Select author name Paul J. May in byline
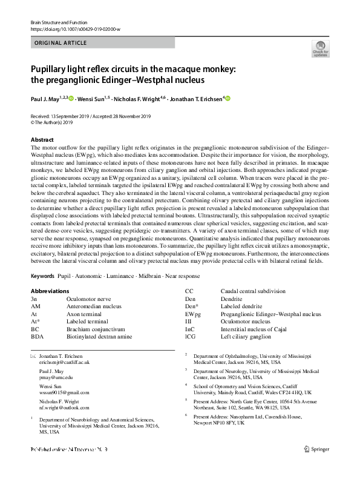point(46,97)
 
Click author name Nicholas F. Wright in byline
point(136,97)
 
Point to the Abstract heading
point(42,140)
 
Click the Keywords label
point(44,276)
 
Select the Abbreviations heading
point(54,290)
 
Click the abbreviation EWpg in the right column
point(193,314)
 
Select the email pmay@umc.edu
point(55,377)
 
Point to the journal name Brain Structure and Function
point(59,22)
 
